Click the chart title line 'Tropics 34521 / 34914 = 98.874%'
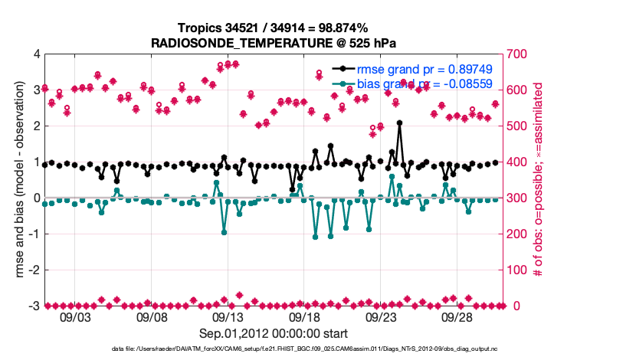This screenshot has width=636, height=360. pyautogui.click(x=274, y=28)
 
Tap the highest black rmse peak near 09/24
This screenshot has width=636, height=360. pyautogui.click(x=399, y=123)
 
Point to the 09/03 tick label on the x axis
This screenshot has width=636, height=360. pyautogui.click(x=75, y=316)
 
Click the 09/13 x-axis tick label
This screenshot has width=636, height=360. pyautogui.click(x=228, y=316)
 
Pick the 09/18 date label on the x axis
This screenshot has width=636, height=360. pyautogui.click(x=304, y=316)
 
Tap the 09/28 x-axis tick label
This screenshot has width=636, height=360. pyautogui.click(x=457, y=316)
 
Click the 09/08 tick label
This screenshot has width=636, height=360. pyautogui.click(x=152, y=316)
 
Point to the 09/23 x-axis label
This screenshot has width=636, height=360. pyautogui.click(x=381, y=316)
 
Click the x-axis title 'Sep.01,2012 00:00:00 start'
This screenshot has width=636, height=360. pyautogui.click(x=274, y=333)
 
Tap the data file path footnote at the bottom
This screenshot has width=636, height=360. pyautogui.click(x=274, y=349)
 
